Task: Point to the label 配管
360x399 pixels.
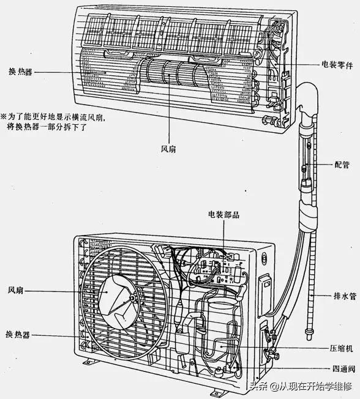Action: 342,164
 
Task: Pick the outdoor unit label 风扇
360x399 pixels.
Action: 15,291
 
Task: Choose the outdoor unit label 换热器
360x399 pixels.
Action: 17,335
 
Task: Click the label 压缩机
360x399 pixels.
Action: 341,347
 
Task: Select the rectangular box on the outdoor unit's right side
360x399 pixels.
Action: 267,287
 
